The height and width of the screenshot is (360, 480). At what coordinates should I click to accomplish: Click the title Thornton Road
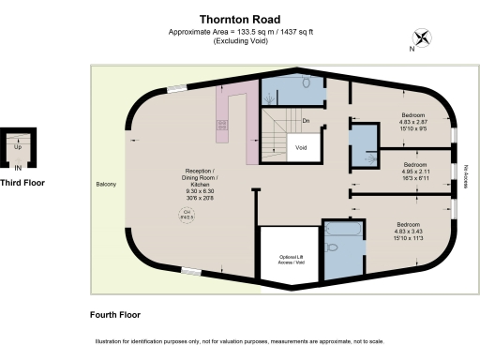239,18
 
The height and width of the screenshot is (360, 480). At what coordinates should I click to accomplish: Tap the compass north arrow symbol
424,39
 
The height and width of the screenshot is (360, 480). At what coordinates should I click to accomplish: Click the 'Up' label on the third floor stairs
18,147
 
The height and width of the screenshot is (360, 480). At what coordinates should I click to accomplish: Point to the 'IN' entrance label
18,167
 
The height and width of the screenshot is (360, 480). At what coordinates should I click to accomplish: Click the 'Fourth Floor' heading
115,314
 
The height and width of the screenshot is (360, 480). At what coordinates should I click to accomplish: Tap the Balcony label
106,184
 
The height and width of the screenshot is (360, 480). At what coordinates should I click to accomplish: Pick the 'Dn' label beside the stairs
306,121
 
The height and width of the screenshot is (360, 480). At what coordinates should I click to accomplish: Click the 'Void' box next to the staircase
301,148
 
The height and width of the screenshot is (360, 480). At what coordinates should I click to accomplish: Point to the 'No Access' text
466,176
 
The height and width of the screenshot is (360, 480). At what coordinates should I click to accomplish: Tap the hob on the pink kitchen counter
223,124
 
